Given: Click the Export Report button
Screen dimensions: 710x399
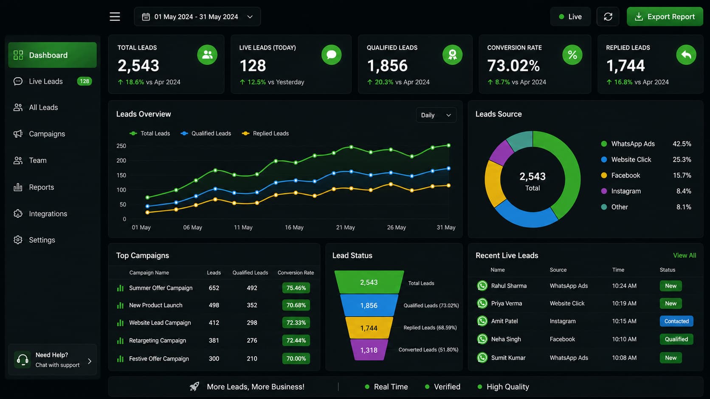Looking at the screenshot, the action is pyautogui.click(x=665, y=17).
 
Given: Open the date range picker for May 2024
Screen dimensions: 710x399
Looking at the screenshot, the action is pyautogui.click(x=197, y=17).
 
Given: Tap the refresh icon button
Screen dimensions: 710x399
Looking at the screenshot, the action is pyautogui.click(x=608, y=17).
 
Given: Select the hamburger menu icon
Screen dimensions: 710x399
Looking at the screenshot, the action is pyautogui.click(x=115, y=17).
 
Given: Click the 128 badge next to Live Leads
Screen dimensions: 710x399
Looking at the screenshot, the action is pyautogui.click(x=85, y=81).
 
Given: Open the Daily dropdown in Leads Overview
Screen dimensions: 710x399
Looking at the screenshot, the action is pyautogui.click(x=436, y=115).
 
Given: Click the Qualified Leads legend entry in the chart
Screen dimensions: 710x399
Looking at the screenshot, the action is pyautogui.click(x=206, y=134).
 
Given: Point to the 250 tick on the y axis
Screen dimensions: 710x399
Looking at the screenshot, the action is pyautogui.click(x=121, y=146).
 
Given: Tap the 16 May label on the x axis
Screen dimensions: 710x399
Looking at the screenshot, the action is pyautogui.click(x=294, y=228).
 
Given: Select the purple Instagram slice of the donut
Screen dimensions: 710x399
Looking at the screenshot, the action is pyautogui.click(x=501, y=153).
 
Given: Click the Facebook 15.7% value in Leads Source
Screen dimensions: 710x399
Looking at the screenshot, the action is pyautogui.click(x=682, y=175).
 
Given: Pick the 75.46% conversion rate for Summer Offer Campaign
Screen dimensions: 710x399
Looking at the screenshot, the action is pyautogui.click(x=296, y=288).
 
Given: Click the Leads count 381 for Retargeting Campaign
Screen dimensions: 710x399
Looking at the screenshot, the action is pyautogui.click(x=214, y=340).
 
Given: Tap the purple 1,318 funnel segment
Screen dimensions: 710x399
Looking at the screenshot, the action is pyautogui.click(x=369, y=350).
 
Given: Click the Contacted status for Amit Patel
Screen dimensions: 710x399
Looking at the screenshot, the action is pyautogui.click(x=676, y=321).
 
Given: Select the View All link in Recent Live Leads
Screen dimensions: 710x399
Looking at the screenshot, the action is pyautogui.click(x=685, y=255).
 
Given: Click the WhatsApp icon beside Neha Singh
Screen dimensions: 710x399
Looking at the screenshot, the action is pyautogui.click(x=482, y=339).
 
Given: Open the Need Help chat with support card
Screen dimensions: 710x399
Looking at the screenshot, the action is pyautogui.click(x=52, y=360).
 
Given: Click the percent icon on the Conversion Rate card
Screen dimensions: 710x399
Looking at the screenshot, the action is pyautogui.click(x=572, y=55).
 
